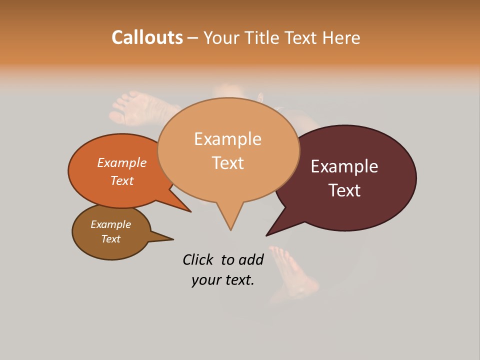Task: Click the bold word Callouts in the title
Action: coord(147,37)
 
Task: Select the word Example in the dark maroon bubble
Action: coord(344,166)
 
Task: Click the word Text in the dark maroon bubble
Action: coord(344,190)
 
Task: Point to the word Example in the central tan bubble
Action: coord(227,138)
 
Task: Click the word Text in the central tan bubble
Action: coord(227,162)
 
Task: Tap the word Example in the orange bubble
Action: coord(122,162)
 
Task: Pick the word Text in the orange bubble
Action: coord(122,180)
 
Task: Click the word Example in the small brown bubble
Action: coord(110,224)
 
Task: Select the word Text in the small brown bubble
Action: coord(110,239)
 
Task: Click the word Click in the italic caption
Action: coord(198,259)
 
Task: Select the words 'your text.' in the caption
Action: coord(223,280)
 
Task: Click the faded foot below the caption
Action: coord(295,272)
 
